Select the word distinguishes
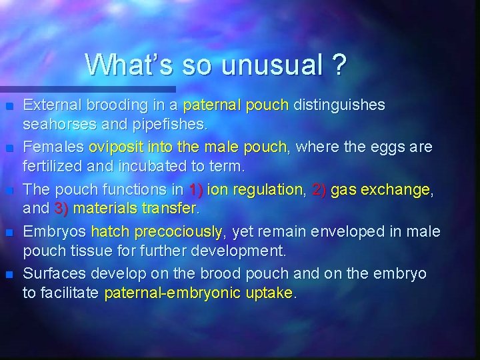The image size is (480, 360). [x=339, y=105]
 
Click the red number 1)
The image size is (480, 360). [x=197, y=190]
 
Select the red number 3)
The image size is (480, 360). [x=62, y=209]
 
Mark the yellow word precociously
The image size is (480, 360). [x=179, y=232]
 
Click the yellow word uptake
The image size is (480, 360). [x=266, y=293]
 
